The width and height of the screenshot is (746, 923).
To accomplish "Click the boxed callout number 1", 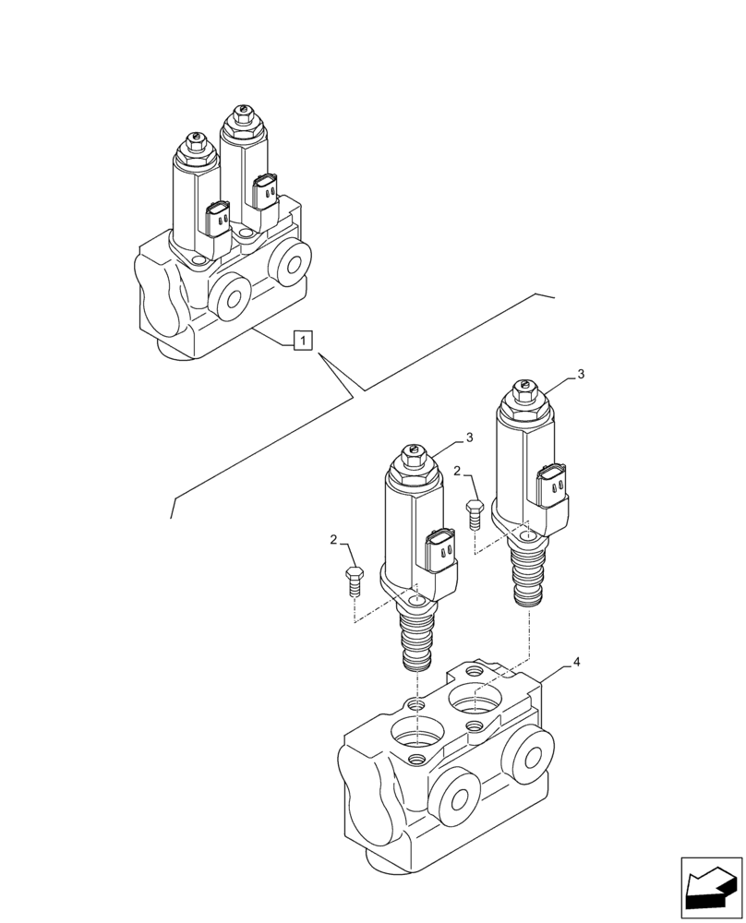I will click(303, 341).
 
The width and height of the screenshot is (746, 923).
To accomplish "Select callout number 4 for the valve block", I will click(576, 663).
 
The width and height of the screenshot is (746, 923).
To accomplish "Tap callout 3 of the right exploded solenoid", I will click(581, 374).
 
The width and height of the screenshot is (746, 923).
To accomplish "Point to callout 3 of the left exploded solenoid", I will click(469, 437).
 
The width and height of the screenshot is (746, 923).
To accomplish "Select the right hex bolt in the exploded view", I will click(475, 513).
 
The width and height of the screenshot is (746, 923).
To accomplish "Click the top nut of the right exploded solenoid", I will click(523, 396).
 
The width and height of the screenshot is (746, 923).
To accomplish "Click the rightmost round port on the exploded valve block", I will click(529, 752).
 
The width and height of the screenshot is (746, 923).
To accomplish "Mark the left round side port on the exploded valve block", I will click(453, 796).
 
